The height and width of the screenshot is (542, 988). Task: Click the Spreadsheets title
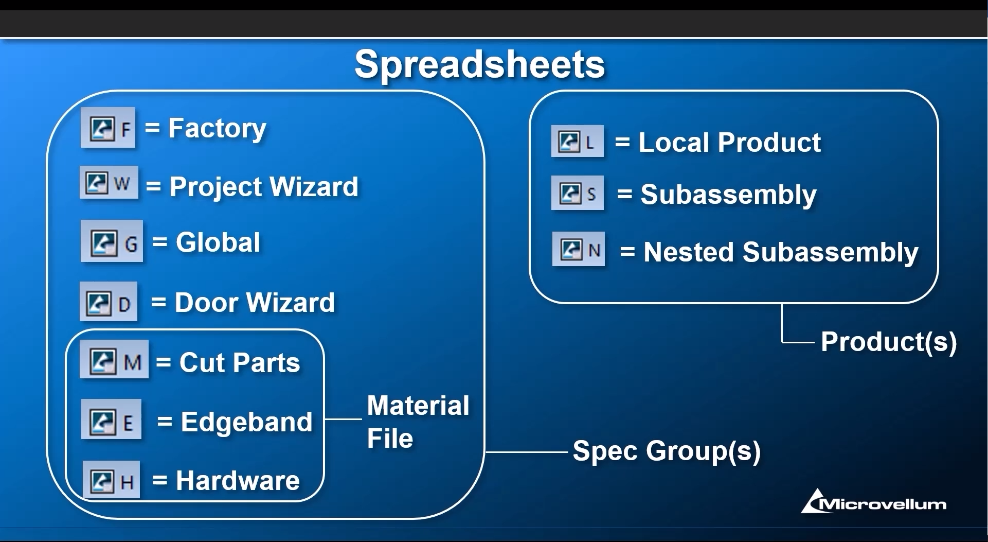click(479, 65)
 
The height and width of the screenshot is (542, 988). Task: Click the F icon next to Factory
click(108, 128)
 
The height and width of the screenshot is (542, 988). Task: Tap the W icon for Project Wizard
click(109, 182)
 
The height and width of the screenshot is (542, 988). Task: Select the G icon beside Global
click(112, 241)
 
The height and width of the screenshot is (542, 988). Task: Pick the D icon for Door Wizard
click(109, 302)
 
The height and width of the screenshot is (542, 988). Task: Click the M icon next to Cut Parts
click(114, 359)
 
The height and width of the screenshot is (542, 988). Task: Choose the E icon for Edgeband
click(111, 419)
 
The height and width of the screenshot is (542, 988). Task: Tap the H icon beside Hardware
click(111, 480)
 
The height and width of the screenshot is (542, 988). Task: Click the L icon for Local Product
click(577, 141)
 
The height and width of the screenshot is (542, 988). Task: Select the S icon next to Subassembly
click(577, 193)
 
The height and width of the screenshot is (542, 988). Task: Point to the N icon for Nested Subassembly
click(579, 249)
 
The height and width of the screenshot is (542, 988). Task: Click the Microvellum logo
click(874, 501)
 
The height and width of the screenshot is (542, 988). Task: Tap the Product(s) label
click(889, 342)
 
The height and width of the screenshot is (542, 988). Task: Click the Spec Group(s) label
click(667, 451)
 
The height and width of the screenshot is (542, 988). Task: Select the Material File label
click(418, 422)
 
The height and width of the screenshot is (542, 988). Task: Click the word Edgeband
click(246, 422)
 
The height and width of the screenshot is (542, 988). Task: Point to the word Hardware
click(238, 480)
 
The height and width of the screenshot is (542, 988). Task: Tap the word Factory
click(217, 129)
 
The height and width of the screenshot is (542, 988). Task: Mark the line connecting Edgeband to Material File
click(344, 419)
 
